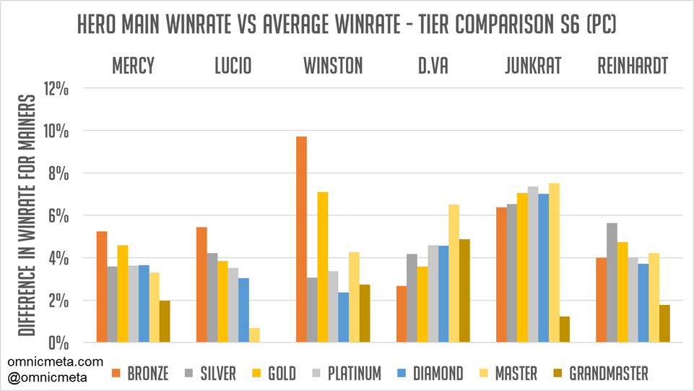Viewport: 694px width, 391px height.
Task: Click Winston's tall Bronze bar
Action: pos(301,239)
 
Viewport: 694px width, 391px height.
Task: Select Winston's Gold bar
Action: pos(323,267)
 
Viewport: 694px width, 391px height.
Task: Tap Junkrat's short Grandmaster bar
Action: pos(564,329)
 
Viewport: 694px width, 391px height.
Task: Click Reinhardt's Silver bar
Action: pos(612,283)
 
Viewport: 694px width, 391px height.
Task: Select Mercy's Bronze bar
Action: pos(102,286)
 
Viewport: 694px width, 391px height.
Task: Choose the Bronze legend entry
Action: pos(141,373)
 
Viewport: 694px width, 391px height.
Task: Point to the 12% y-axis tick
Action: pos(57,89)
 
